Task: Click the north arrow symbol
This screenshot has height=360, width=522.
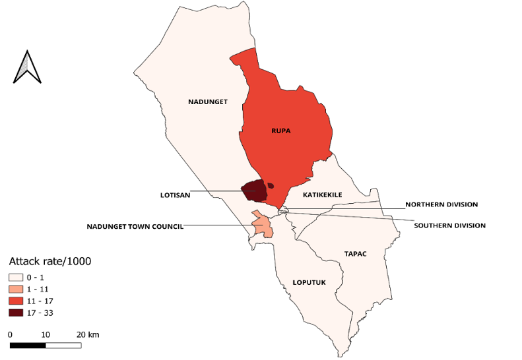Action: coord(28,67)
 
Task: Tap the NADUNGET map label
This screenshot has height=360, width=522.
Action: coord(208,102)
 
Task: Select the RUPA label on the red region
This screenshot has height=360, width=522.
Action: coord(281,131)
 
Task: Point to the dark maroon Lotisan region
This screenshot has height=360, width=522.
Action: coord(253,191)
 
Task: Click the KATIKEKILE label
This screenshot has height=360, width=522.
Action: coord(323,196)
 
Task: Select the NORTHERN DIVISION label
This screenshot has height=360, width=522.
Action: coord(441,204)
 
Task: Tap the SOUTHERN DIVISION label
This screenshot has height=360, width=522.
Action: coord(449,225)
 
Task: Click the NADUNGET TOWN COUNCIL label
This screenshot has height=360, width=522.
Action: coord(135,227)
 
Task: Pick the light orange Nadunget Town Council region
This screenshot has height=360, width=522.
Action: coord(263,224)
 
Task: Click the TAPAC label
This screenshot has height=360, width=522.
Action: coord(355,253)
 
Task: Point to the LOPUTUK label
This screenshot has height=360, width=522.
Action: coord(309,282)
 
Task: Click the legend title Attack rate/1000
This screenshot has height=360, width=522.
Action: coord(49,262)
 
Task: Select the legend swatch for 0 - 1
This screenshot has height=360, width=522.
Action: coord(16,278)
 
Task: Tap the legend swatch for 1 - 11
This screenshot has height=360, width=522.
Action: coord(16,289)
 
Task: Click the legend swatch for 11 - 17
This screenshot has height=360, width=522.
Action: coord(16,301)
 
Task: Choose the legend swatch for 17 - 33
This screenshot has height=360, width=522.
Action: coord(16,312)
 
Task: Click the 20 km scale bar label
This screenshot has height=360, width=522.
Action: coord(87,335)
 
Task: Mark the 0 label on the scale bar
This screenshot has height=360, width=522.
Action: coord(11,335)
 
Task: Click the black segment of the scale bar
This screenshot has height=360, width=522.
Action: coord(28,345)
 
